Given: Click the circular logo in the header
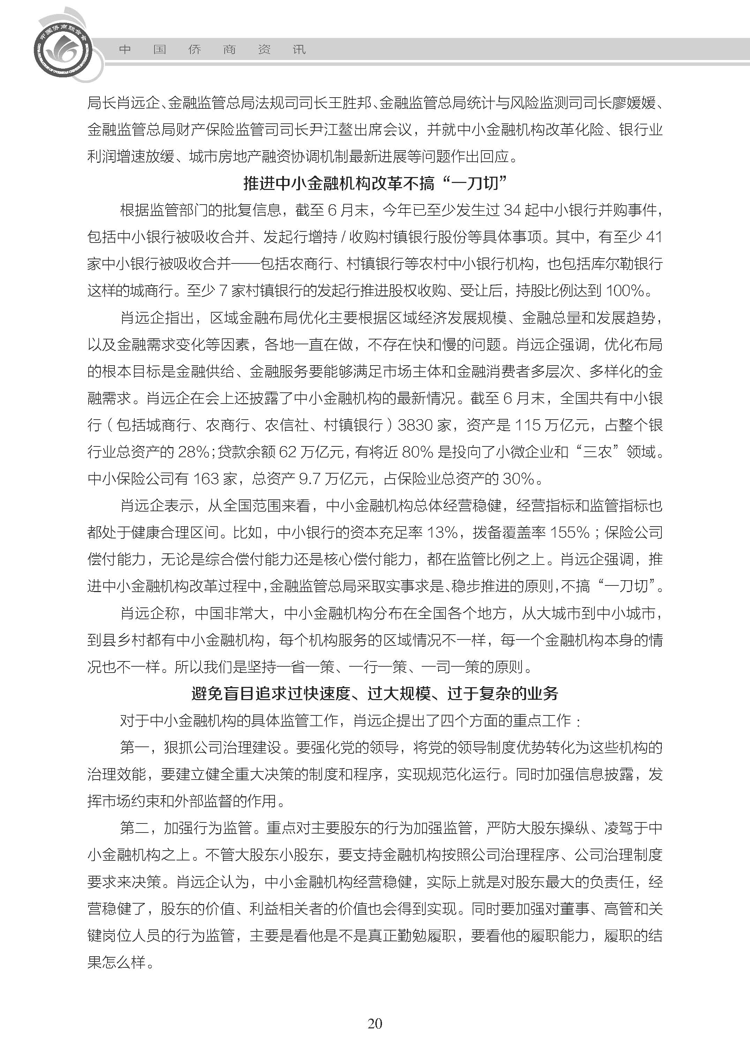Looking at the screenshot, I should click(x=63, y=48).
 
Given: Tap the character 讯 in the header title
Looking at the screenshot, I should click(x=299, y=49).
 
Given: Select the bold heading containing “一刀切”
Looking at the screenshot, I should click(x=375, y=184).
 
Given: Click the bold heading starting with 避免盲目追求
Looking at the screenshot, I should click(x=375, y=693).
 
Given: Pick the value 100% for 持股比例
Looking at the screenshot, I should click(x=625, y=291).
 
